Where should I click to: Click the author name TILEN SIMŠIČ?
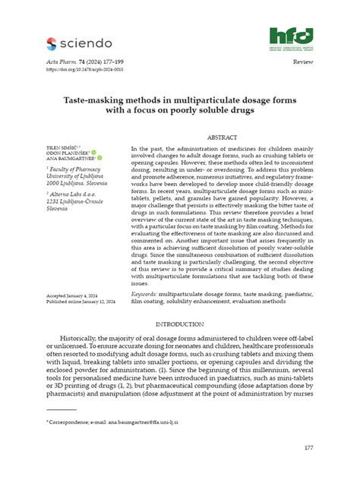62,145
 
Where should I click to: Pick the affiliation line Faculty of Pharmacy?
76,171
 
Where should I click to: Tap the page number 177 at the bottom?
308,448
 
